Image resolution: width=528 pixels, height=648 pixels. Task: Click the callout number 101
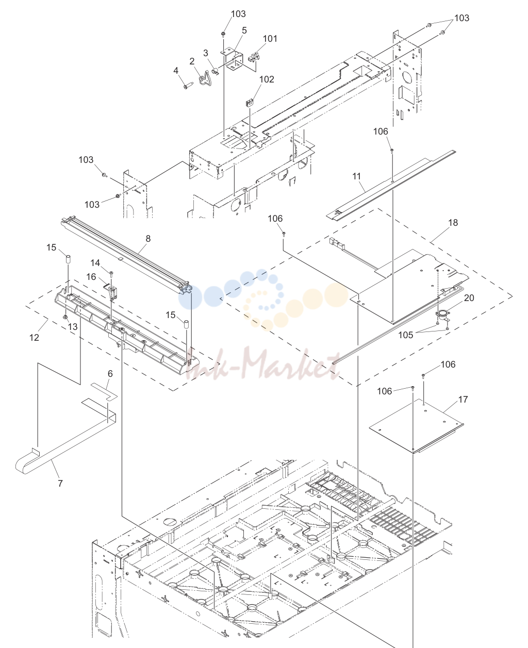tap(270, 39)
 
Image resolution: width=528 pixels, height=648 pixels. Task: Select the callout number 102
tap(267, 79)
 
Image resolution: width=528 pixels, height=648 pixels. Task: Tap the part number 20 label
tap(469, 297)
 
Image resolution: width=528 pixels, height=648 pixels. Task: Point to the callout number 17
tap(463, 399)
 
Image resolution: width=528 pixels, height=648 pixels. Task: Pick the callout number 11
tap(356, 176)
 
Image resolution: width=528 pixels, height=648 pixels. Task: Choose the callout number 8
tap(148, 238)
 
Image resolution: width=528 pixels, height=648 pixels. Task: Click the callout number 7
tap(60, 483)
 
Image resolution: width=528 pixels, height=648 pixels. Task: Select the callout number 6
tap(110, 374)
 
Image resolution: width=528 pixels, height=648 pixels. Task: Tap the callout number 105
tap(406, 335)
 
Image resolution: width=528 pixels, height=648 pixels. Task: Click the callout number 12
tap(34, 337)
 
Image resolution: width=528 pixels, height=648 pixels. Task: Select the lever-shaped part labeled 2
tap(205, 78)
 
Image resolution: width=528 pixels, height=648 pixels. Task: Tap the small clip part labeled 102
tap(250, 102)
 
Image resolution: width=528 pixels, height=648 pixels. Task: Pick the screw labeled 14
tap(111, 274)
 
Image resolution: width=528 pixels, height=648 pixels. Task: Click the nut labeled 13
tap(65, 318)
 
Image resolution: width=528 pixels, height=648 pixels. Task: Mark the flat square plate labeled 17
tap(416, 426)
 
